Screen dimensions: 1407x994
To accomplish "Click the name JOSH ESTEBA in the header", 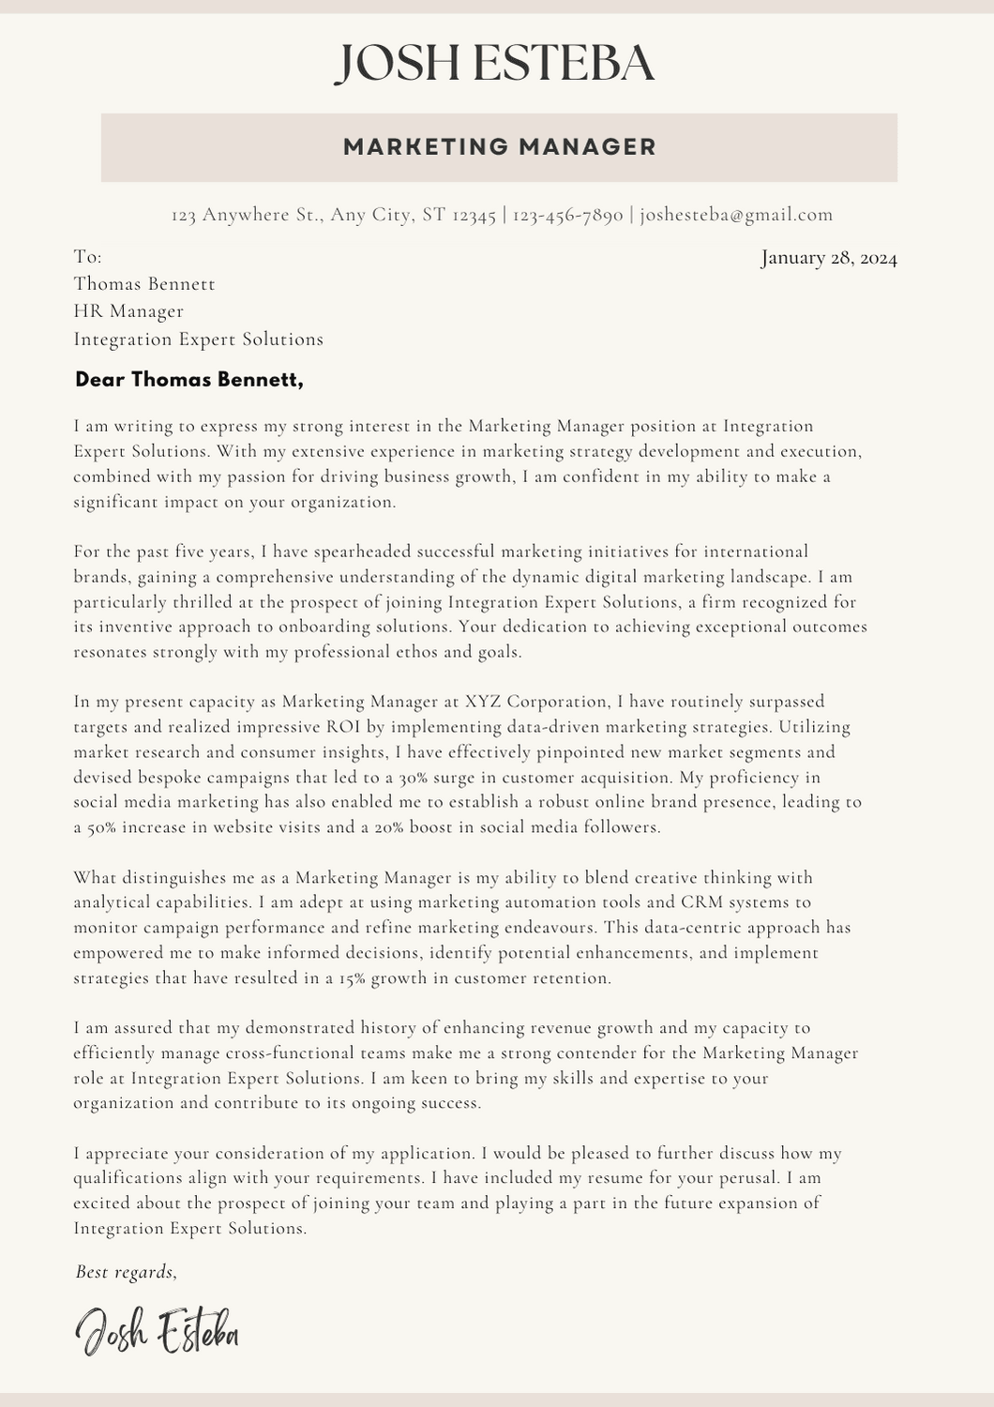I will coord(495,64).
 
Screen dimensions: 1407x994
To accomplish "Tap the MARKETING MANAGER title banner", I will coord(499,147).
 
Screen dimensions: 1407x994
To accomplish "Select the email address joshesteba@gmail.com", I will coord(736,215).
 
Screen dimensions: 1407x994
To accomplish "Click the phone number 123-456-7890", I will coord(568,215).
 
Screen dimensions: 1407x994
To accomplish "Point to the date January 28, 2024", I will coord(829,258).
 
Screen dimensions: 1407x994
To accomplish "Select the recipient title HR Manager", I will coord(128,311).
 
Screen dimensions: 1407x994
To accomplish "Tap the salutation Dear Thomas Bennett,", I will coord(189,380).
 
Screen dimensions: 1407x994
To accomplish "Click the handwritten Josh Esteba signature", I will coord(157,1332).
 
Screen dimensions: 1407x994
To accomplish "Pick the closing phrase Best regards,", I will coord(126,1272).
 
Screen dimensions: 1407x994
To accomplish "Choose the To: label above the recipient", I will coord(88,257).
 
